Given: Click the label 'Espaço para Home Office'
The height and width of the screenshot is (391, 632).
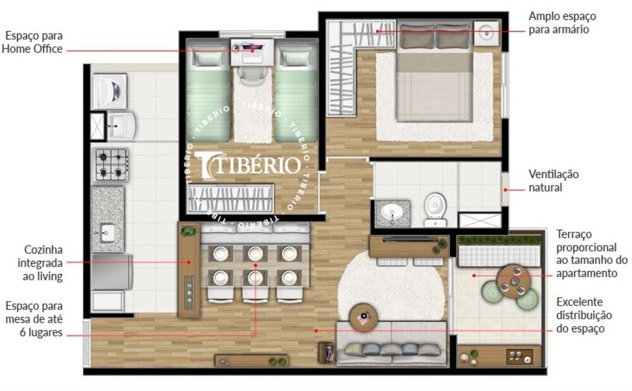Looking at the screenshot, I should (32, 42).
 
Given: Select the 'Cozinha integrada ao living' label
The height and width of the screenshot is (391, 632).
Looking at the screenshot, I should (43, 263).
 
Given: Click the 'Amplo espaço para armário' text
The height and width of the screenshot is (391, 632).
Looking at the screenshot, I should (562, 22).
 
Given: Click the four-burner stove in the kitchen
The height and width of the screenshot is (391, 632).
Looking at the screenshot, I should (111, 164).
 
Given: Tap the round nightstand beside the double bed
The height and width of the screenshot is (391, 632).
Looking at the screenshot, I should (486, 32).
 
